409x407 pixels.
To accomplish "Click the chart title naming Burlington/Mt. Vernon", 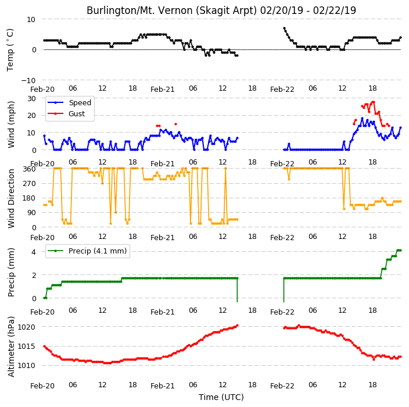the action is (x=221, y=10).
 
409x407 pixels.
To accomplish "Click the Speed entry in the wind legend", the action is (x=80, y=102).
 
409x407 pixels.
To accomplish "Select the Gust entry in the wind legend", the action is (x=77, y=114).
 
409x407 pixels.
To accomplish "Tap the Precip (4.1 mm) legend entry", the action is (x=98, y=251).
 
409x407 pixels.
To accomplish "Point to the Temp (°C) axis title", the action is (x=10, y=50).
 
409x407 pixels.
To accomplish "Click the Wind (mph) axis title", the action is (x=10, y=124).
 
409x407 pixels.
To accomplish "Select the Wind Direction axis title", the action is (x=10, y=198).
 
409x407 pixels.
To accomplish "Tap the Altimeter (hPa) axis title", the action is (x=10, y=347).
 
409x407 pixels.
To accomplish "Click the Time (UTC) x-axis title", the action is (x=221, y=397).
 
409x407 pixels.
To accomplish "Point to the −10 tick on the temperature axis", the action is (x=28, y=80).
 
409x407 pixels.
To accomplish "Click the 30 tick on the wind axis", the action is (x=31, y=98).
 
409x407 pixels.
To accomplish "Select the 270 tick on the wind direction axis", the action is (x=30, y=184).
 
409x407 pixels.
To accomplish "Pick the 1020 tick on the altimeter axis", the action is (x=26, y=327).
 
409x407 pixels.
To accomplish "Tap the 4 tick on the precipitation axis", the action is (x=34, y=252).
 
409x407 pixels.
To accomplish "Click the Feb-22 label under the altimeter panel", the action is (x=282, y=386).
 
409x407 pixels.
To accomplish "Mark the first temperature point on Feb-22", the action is (x=284, y=28).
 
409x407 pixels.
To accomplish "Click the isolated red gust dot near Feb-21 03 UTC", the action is (x=176, y=124).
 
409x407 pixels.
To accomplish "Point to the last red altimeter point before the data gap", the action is (x=238, y=325).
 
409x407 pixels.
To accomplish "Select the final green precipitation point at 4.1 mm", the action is (x=401, y=251).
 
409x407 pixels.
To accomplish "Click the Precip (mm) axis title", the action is (x=10, y=272).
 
